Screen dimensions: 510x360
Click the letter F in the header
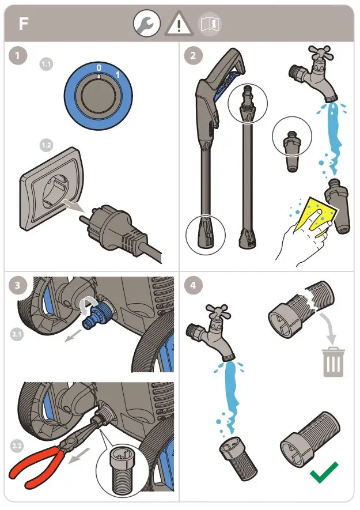click(23, 24)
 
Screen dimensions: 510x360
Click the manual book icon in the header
click(210, 24)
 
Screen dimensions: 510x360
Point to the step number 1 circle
click(19, 56)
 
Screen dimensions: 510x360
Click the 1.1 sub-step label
click(46, 64)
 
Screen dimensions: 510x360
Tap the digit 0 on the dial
click(98, 68)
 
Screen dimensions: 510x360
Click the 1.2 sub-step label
click(46, 145)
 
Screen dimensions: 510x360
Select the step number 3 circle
click(19, 285)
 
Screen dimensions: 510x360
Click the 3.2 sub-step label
click(18, 445)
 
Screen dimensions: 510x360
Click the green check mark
click(324, 473)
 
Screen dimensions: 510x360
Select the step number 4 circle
click(193, 285)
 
